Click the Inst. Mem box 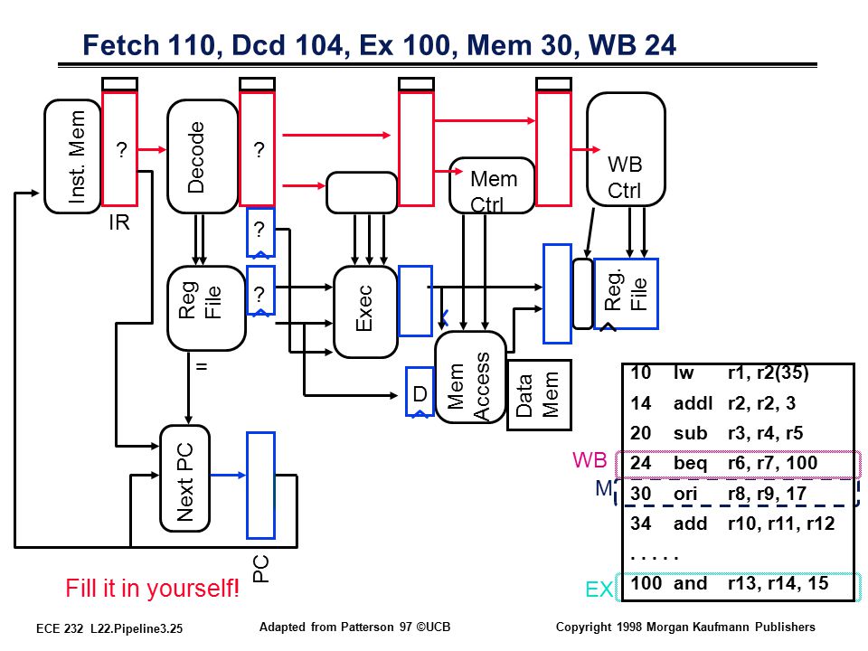[x=72, y=156]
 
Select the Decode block [x=203, y=156]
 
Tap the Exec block [x=365, y=312]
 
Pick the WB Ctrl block [x=626, y=149]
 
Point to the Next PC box [x=184, y=478]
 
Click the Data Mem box [x=539, y=395]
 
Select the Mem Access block [x=470, y=378]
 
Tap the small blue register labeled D [x=420, y=392]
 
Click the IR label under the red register [x=119, y=222]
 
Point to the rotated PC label [x=260, y=569]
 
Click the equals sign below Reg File [x=202, y=366]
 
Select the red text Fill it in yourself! [x=152, y=588]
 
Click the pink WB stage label [x=590, y=460]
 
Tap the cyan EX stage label [x=599, y=590]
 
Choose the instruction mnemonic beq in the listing [x=690, y=463]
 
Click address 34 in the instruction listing [x=640, y=524]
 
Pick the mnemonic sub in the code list [x=690, y=433]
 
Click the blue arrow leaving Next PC [x=228, y=475]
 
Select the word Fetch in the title [x=120, y=45]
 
